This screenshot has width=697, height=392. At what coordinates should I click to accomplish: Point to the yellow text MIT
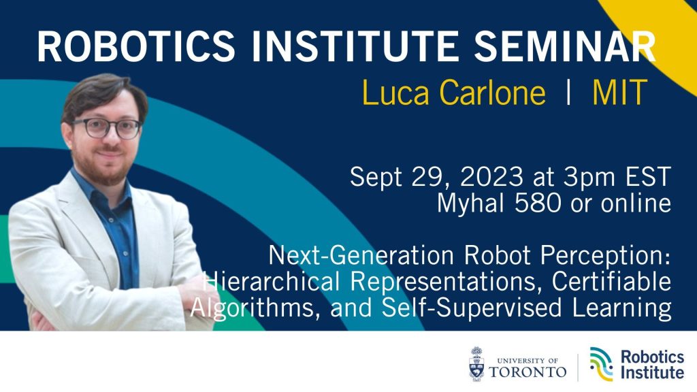click(x=619, y=93)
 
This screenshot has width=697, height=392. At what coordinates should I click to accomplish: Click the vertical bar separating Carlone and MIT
click(x=569, y=93)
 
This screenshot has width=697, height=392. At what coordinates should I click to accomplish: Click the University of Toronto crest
click(x=477, y=363)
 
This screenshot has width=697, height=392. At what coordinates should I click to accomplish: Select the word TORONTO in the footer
click(x=528, y=372)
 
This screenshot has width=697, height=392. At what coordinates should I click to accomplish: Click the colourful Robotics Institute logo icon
click(x=600, y=363)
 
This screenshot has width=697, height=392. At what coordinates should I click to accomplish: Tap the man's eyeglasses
click(x=107, y=128)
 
